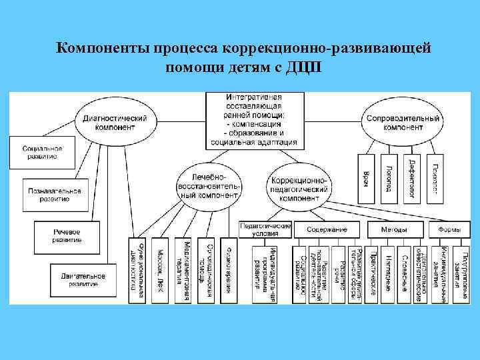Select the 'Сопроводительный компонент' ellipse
(403, 123)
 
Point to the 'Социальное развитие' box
(42, 152)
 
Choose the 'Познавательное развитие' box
(55, 194)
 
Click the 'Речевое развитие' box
(67, 235)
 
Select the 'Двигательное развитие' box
(81, 279)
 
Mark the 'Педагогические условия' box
(265, 229)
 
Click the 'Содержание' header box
(327, 229)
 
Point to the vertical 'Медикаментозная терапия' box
(183, 271)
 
